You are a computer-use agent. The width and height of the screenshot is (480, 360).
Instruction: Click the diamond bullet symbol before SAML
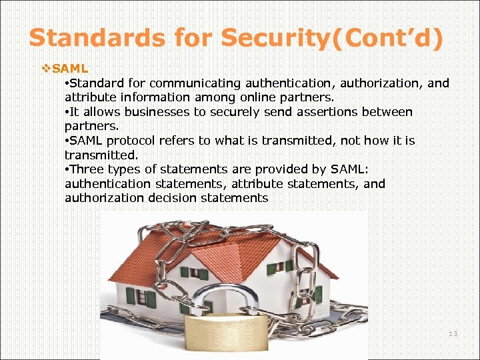coord(46,68)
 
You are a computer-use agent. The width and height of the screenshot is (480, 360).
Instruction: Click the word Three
coord(88,169)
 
